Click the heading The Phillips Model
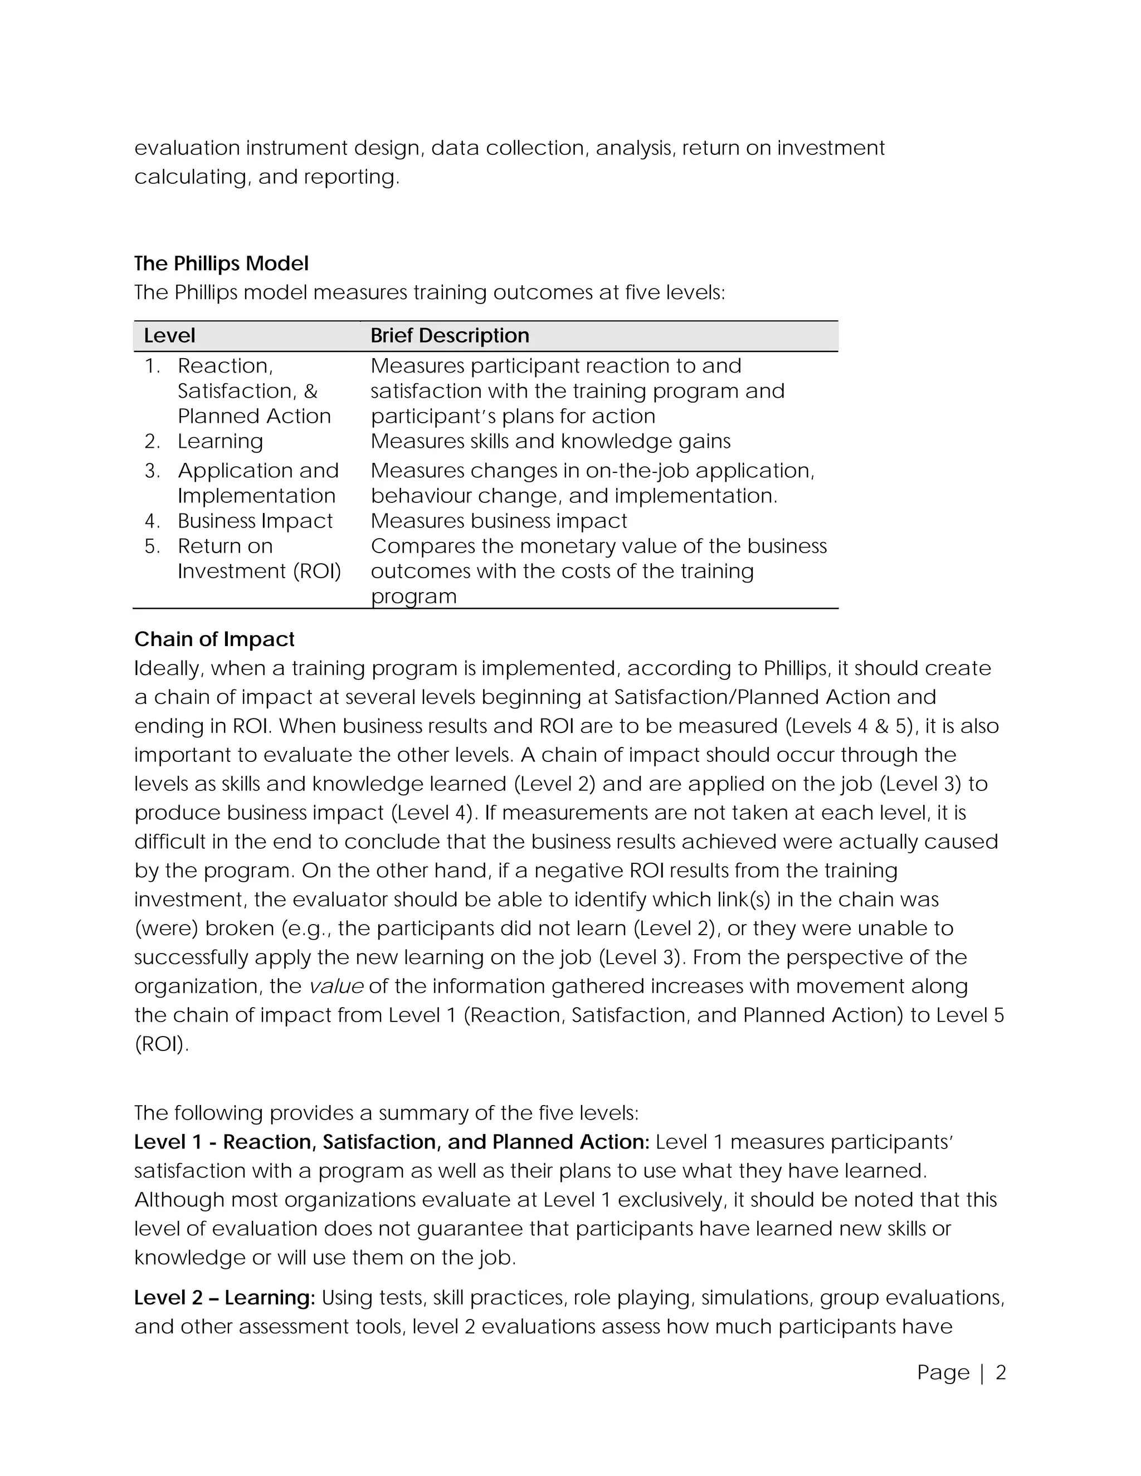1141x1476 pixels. pyautogui.click(x=221, y=263)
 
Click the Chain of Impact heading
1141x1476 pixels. pyautogui.click(x=214, y=639)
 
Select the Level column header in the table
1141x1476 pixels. pyautogui.click(x=169, y=336)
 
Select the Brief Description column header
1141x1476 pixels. pyautogui.click(x=450, y=336)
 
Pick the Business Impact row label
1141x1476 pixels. pyautogui.click(x=255, y=521)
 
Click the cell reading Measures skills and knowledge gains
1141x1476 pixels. pyautogui.click(x=550, y=441)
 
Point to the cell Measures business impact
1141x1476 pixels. pyautogui.click(x=498, y=521)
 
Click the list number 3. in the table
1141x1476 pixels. pyautogui.click(x=152, y=471)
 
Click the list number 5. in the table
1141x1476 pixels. pyautogui.click(x=152, y=546)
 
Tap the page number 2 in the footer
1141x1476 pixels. pyautogui.click(x=1001, y=1372)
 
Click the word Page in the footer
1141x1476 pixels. pyautogui.click(x=943, y=1372)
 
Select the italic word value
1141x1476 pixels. pyautogui.click(x=336, y=987)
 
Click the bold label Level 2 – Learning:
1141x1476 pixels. pyautogui.click(x=225, y=1298)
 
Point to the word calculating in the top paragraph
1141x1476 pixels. pyautogui.click(x=193, y=177)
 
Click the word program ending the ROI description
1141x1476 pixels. pyautogui.click(x=414, y=597)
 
